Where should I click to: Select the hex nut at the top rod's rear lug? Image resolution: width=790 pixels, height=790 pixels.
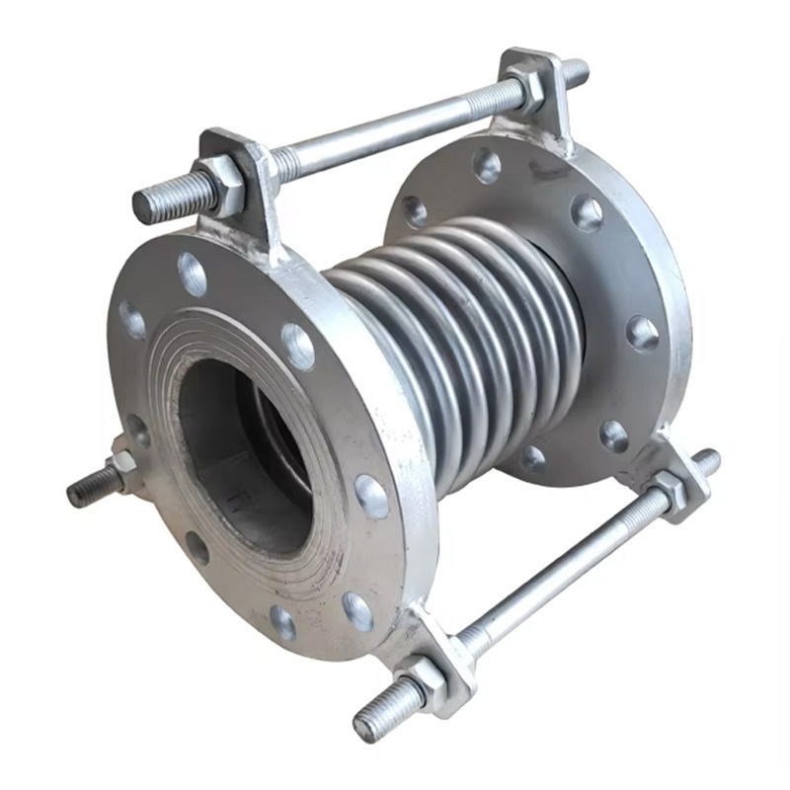coord(528,91)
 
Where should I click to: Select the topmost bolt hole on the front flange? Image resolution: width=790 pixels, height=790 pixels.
coord(192,274)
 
